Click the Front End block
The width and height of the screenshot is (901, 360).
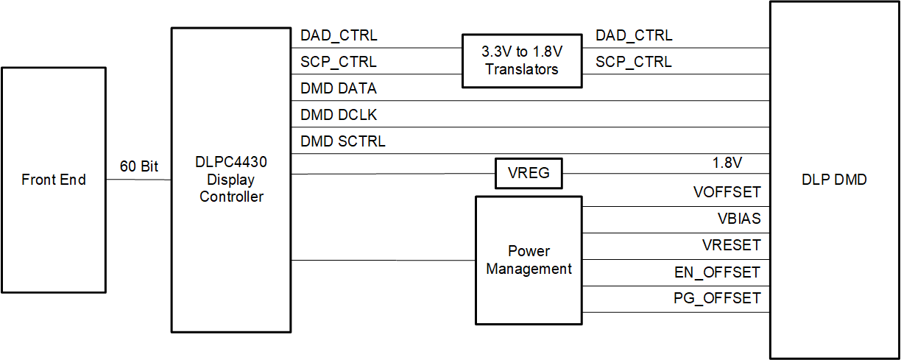(x=54, y=180)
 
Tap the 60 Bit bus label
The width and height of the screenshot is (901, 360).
(x=139, y=166)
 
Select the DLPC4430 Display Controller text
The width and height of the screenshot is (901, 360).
(x=232, y=180)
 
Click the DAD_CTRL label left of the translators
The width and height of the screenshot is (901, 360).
(x=339, y=35)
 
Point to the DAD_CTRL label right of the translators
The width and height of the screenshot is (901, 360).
(x=634, y=35)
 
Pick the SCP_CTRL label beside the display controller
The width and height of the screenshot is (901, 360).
(x=339, y=62)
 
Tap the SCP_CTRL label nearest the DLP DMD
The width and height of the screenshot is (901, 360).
(x=634, y=62)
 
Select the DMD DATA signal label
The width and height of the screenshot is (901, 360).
(x=339, y=88)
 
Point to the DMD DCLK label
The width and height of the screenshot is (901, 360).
(x=339, y=115)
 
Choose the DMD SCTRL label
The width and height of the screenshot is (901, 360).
(x=343, y=141)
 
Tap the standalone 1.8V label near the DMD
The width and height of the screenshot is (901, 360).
(x=741, y=162)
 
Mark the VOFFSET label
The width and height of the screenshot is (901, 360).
(x=727, y=193)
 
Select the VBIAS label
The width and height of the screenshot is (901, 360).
(x=739, y=219)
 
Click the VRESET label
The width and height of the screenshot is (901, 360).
(x=731, y=245)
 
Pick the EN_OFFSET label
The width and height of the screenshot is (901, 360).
(x=717, y=272)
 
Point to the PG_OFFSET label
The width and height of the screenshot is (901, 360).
(x=717, y=299)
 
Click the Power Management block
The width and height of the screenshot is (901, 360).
(x=529, y=260)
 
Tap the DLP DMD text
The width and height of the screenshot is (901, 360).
(x=835, y=180)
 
